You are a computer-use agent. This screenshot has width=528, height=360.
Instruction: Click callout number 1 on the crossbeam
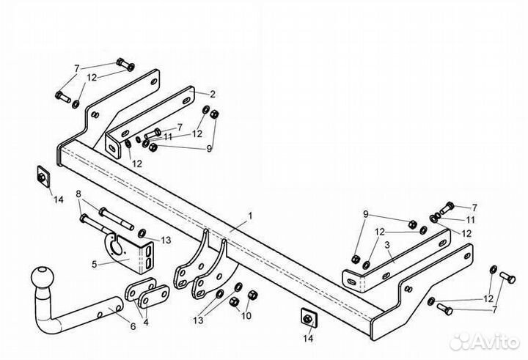250,216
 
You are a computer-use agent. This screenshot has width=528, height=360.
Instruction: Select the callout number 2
212,95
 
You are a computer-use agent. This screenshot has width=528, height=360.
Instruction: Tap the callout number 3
388,245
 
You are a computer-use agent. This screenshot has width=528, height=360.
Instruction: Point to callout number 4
145,322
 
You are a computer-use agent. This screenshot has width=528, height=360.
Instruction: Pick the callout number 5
95,265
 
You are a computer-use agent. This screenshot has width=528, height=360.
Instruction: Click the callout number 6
133,326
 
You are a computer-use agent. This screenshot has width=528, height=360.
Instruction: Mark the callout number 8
78,194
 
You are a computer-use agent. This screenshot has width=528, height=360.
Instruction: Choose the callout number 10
246,316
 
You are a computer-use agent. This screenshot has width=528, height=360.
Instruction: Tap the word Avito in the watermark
499,342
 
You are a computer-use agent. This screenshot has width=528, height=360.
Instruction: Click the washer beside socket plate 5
142,233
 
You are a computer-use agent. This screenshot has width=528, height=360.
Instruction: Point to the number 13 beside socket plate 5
166,240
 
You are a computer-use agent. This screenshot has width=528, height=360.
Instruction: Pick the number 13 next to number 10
198,320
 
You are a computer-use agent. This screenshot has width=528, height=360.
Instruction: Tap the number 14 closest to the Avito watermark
308,338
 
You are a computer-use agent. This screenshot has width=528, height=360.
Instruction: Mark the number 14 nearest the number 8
58,199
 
